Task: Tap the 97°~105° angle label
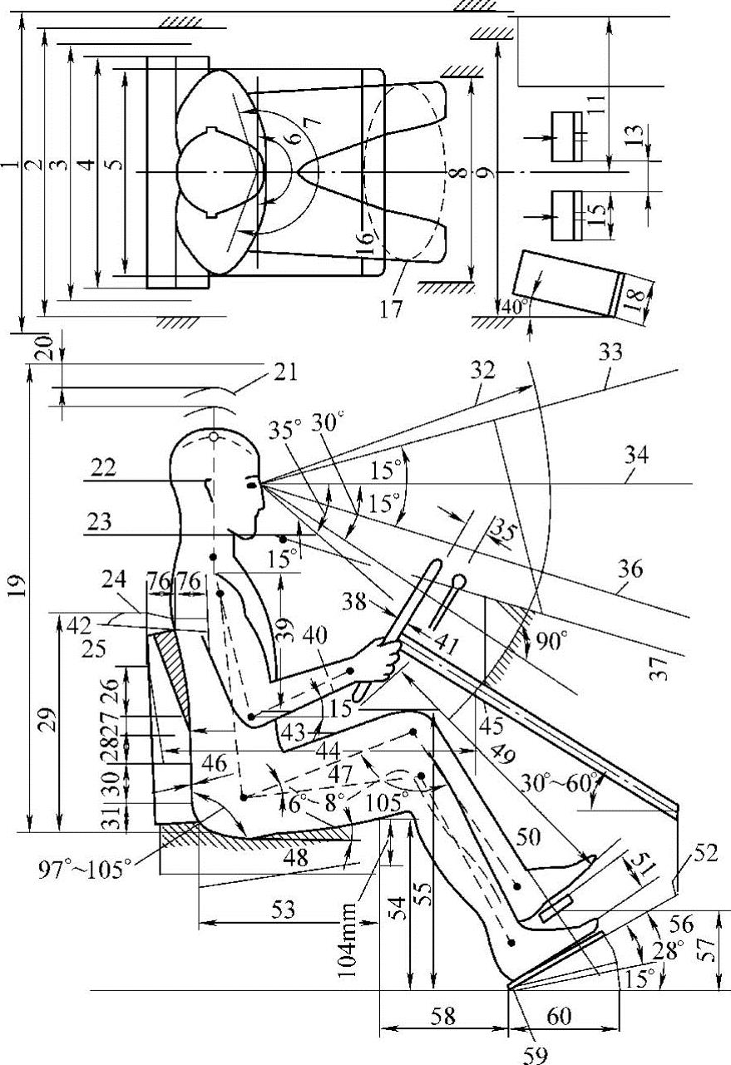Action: tap(84, 870)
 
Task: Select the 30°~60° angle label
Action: tap(558, 782)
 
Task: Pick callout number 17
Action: tap(391, 309)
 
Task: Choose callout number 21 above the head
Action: tap(284, 372)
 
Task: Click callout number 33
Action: tap(610, 353)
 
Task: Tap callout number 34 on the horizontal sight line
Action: tap(636, 456)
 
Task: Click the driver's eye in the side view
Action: tap(252, 485)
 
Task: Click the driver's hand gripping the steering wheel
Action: tap(384, 659)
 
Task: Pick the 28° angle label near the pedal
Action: tap(668, 951)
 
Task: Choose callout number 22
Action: tap(104, 468)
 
